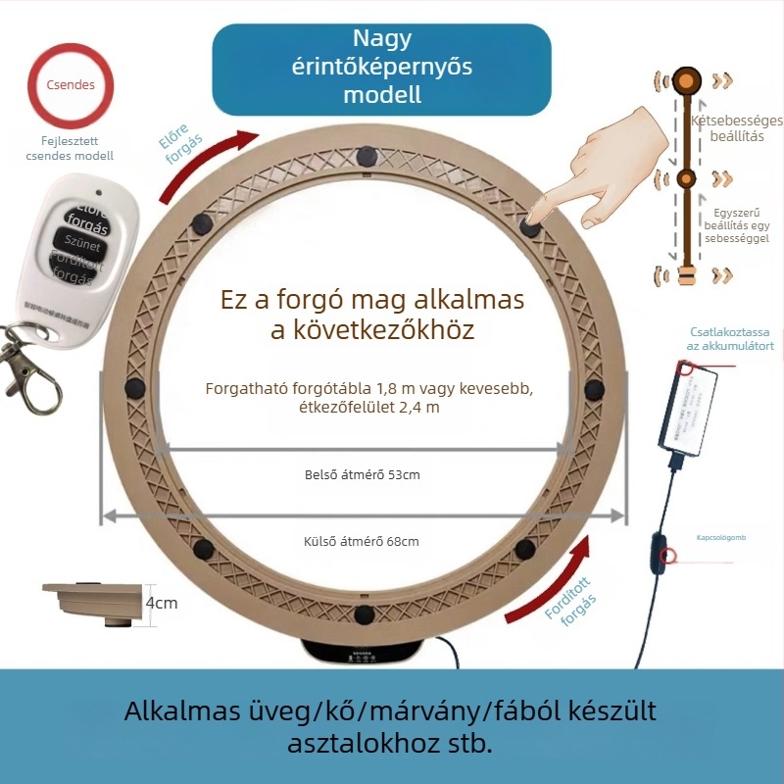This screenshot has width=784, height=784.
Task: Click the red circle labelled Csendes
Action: (x=71, y=85)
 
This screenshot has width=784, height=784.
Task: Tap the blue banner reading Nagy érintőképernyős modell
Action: (x=382, y=68)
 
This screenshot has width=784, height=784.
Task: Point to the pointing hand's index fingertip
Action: (x=535, y=217)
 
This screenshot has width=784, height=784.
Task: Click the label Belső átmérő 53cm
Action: (x=363, y=475)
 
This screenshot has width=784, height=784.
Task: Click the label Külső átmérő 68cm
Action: (x=362, y=541)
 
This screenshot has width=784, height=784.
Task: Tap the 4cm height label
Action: (x=162, y=603)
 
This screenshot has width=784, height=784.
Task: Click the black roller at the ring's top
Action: (x=367, y=155)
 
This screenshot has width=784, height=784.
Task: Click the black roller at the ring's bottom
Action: (x=365, y=615)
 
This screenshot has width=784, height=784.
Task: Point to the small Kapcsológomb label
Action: (x=721, y=538)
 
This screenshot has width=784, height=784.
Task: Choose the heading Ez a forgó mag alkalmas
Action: (x=371, y=298)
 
